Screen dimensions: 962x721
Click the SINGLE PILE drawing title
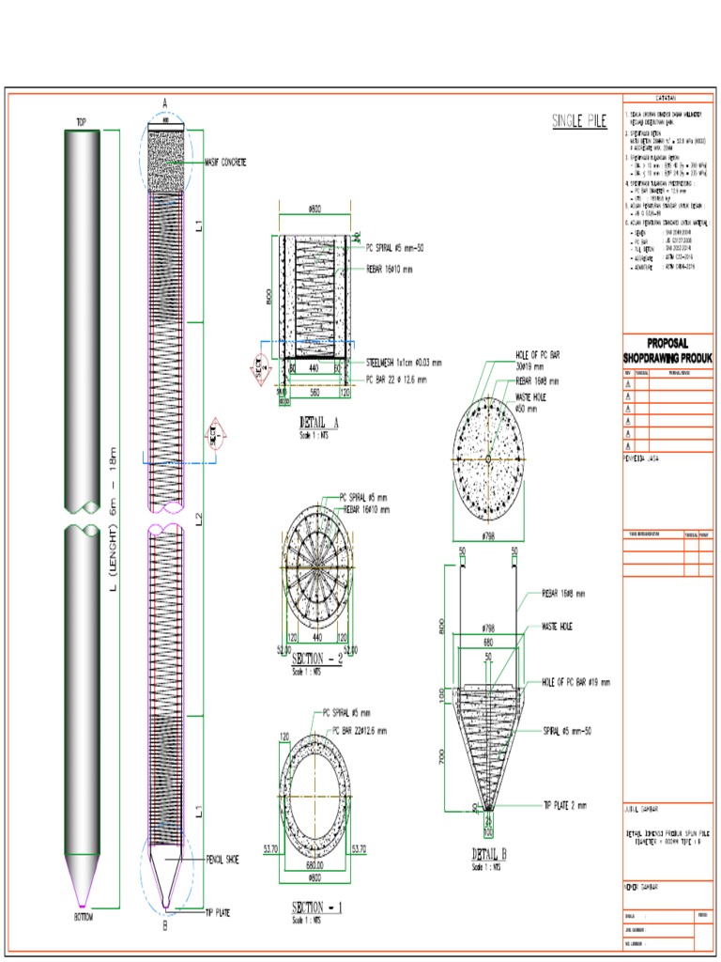[579, 120]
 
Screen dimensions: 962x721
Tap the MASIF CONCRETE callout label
[225, 163]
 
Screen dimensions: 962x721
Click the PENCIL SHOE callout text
[222, 859]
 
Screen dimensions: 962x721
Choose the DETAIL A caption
[318, 423]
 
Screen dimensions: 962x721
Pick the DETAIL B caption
[488, 853]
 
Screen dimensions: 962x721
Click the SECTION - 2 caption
[318, 658]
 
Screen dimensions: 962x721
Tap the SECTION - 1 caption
[315, 908]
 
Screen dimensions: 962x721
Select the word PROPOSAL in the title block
[667, 344]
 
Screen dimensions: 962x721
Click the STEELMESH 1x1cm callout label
[404, 362]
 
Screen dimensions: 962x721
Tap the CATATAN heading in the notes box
[667, 98]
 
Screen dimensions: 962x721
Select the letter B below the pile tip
[164, 926]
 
